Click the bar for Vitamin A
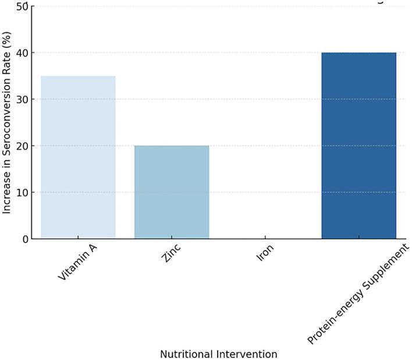(x=78, y=157)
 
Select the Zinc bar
(x=172, y=192)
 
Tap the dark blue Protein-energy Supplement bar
(x=358, y=146)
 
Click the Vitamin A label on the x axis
(x=77, y=263)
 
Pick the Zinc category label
(x=171, y=255)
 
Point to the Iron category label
(x=265, y=253)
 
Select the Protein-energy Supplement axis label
(x=358, y=294)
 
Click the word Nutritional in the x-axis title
(x=186, y=354)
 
